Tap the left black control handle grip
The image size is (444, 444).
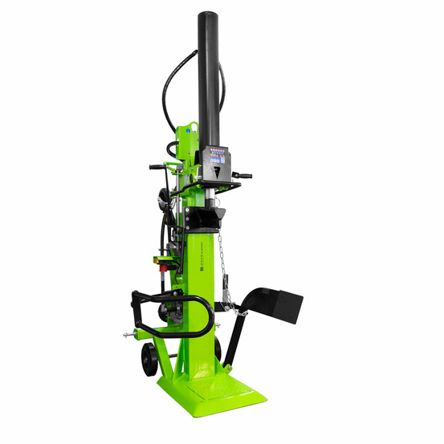click(x=157, y=167)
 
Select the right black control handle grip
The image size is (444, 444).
click(x=242, y=176)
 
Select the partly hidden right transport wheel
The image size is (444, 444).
click(x=218, y=347)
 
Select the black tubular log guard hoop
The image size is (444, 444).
click(x=173, y=316)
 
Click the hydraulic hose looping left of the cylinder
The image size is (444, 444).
click(x=169, y=88)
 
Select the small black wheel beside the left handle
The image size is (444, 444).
click(x=165, y=197)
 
